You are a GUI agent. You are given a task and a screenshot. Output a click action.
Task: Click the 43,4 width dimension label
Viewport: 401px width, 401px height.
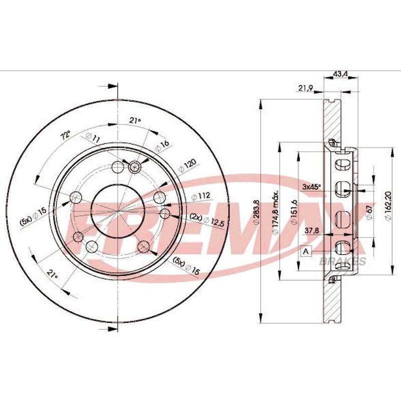pyautogui.click(x=340, y=74)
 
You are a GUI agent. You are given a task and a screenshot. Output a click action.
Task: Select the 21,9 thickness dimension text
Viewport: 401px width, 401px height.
pyautogui.click(x=306, y=88)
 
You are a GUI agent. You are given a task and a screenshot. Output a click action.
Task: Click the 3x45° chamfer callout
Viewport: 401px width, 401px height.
pyautogui.click(x=311, y=186)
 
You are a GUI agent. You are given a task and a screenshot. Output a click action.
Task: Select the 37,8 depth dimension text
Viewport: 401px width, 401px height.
pyautogui.click(x=312, y=231)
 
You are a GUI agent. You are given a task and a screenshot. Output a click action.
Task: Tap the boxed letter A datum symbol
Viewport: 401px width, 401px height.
pyautogui.click(x=306, y=252)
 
